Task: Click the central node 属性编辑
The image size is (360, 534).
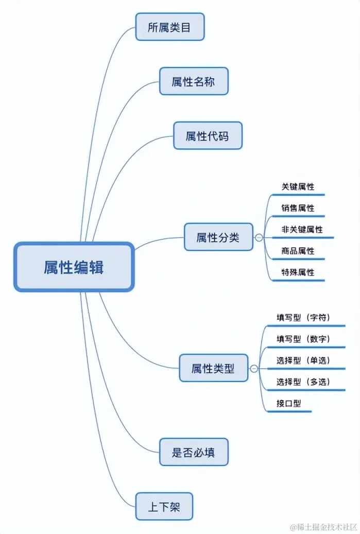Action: (x=74, y=267)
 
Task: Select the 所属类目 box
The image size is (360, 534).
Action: (x=169, y=27)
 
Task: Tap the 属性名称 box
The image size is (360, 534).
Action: (x=193, y=81)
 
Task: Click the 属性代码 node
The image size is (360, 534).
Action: (x=207, y=136)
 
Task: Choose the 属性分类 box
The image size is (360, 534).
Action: (x=218, y=237)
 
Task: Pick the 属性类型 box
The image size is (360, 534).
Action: (x=213, y=368)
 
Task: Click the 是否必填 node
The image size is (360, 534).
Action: (x=193, y=453)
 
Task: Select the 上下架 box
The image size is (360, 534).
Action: (x=164, y=507)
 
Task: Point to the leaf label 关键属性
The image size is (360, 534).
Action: (x=298, y=187)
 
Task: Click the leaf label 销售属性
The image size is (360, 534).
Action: (x=298, y=208)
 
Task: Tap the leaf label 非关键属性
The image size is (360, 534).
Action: (x=302, y=230)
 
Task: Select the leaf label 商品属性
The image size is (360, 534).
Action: (x=298, y=251)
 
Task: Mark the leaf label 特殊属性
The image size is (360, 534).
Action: (x=298, y=272)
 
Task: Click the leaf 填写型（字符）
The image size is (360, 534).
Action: (x=303, y=317)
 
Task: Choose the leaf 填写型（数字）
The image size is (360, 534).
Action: (x=303, y=339)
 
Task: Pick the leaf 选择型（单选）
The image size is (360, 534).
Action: (x=303, y=360)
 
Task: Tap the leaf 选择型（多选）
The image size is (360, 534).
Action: (x=303, y=382)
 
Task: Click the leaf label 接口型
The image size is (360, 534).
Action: (x=288, y=403)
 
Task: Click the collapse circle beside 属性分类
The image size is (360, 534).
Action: (x=259, y=238)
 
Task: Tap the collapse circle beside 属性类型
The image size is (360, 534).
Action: (x=254, y=369)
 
